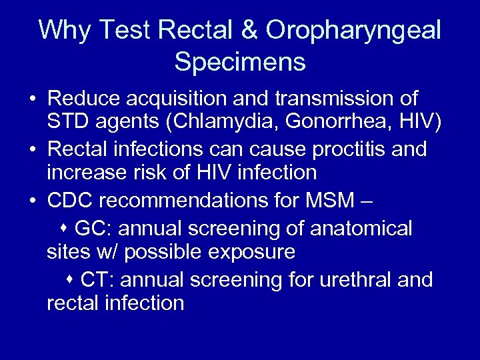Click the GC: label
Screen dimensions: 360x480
tap(93, 228)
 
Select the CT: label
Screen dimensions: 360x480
tap(98, 279)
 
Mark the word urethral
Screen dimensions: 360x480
tap(343, 279)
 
